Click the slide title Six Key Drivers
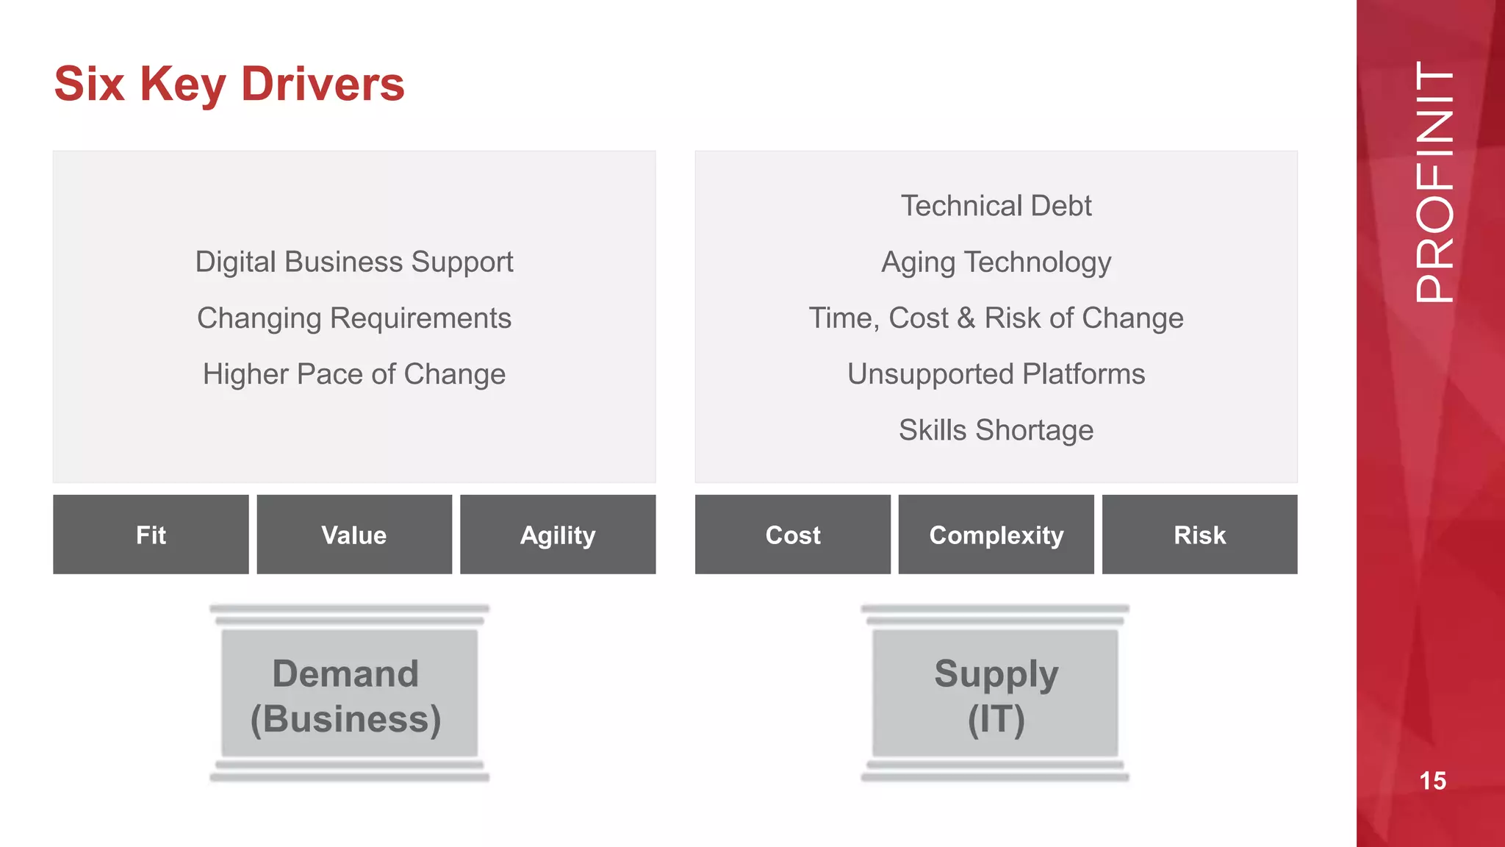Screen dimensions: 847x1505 tap(229, 84)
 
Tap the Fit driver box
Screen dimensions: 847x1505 tap(151, 535)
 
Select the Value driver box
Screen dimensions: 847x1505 tap(354, 535)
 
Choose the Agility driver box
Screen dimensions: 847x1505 tap(558, 535)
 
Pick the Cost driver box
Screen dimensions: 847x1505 tap(793, 535)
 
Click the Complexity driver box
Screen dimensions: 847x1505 tap(996, 535)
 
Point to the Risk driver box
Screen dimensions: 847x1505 tap(1199, 535)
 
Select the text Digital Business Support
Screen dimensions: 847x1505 tap(354, 262)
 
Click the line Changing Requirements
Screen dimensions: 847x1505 tap(354, 318)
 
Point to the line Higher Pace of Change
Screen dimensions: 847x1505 tap(354, 374)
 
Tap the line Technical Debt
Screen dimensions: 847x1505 tap(996, 206)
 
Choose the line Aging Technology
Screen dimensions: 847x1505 tap(996, 262)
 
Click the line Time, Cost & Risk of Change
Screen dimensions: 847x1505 tap(996, 318)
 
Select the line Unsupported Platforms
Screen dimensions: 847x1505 tap(996, 374)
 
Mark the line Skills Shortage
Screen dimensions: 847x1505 tap(996, 430)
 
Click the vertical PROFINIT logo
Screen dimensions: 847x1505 tap(1434, 182)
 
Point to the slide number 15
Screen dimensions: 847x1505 tap(1433, 781)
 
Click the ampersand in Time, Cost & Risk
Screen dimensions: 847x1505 tap(966, 318)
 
